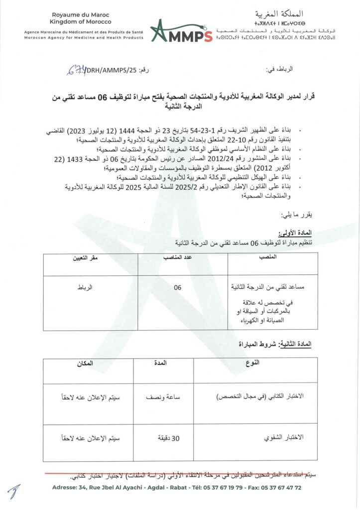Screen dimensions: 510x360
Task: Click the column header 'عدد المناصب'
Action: coord(182,258)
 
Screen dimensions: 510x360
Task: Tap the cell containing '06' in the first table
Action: coord(178,287)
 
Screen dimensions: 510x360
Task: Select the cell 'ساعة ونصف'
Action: coord(162,397)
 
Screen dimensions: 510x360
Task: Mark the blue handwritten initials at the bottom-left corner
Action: coord(14,492)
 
